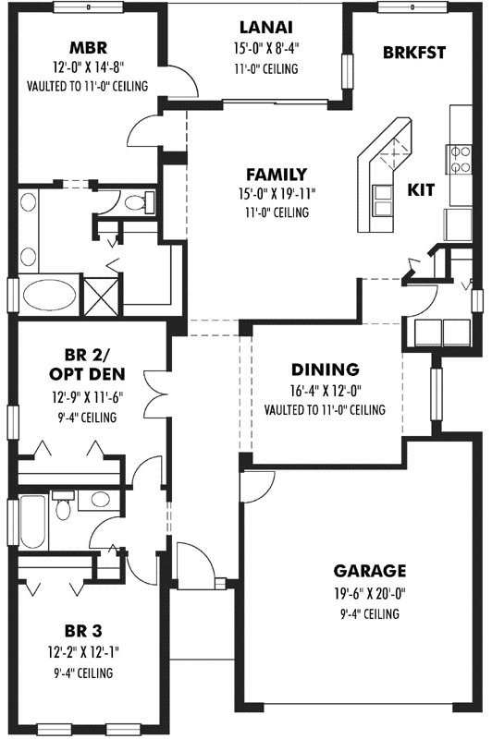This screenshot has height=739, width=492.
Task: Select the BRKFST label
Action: coord(413,53)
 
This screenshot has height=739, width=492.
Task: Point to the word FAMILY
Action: coord(276,174)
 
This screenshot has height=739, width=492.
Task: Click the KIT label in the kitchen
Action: coord(421,189)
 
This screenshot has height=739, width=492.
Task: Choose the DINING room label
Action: coord(324,369)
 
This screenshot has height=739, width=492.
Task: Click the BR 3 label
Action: coord(83,631)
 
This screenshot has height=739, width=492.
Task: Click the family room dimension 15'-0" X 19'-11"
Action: coord(277,193)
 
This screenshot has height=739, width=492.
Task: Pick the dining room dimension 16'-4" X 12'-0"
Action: coord(324,390)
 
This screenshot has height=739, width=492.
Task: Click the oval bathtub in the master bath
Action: coord(50,296)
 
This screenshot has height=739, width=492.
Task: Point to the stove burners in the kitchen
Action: coord(458,159)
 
